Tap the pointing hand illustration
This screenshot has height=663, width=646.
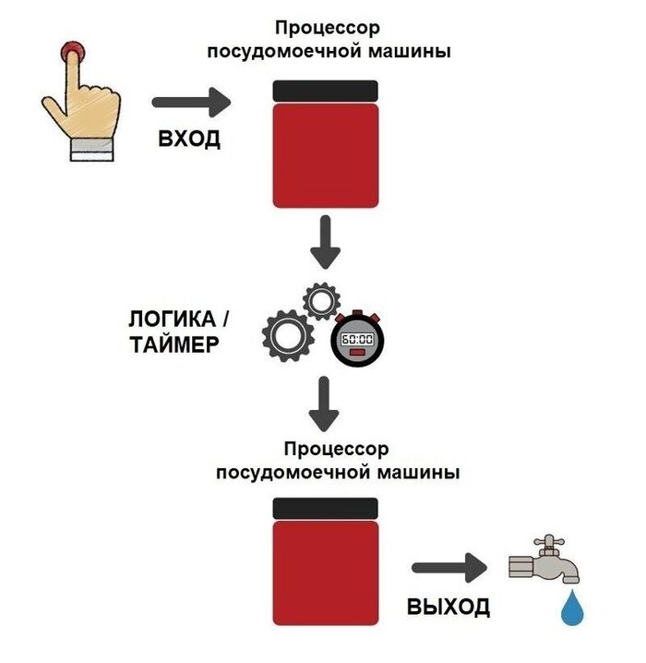(84, 106)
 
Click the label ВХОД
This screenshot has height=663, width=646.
(190, 140)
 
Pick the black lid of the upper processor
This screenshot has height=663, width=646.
(326, 90)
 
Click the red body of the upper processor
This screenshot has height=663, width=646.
(326, 154)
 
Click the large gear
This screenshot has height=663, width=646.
(289, 335)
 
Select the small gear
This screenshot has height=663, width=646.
(322, 300)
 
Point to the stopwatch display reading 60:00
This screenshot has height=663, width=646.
(357, 339)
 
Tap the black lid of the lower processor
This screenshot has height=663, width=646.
(326, 507)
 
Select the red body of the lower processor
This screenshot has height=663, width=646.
(326, 572)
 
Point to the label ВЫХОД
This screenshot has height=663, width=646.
(449, 607)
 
